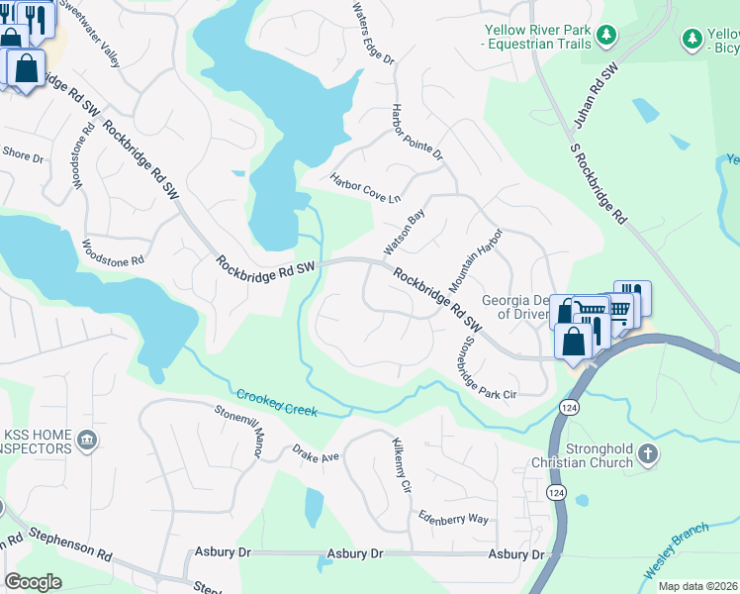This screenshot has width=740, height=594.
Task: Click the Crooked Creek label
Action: point(276,404)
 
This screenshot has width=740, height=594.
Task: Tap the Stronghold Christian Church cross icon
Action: point(648,454)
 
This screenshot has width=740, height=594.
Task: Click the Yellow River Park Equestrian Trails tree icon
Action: point(607,38)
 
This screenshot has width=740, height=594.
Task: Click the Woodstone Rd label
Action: point(113,254)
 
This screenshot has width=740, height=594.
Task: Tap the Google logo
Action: point(34,582)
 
